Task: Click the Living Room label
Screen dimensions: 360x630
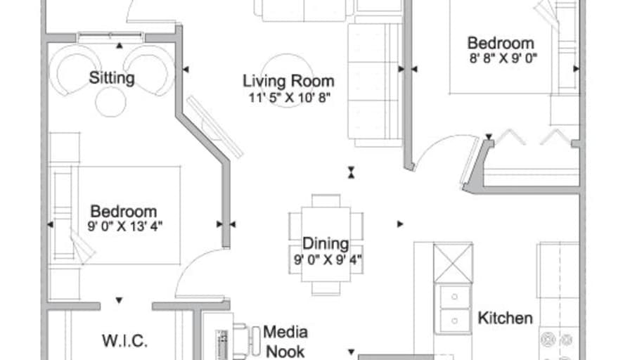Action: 288,81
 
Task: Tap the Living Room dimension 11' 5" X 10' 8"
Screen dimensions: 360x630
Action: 288,97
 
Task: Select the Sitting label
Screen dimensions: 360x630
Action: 112,77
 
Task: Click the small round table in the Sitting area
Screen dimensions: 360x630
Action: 110,102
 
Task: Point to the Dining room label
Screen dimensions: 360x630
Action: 326,244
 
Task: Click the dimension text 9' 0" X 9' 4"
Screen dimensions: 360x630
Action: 326,259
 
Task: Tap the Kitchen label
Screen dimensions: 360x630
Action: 505,318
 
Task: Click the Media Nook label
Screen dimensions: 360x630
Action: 285,340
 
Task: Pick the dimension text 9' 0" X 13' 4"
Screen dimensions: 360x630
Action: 123,226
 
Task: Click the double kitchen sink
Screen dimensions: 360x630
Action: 454,309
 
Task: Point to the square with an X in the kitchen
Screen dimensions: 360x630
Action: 453,262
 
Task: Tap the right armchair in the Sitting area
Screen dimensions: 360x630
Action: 150,69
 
